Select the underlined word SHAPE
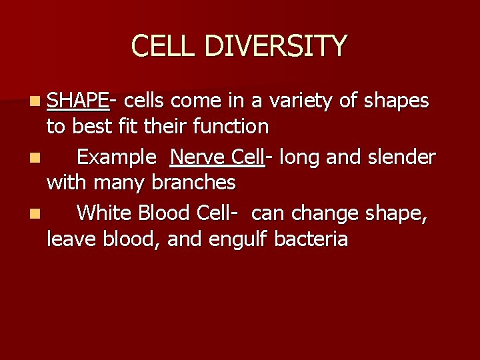[x=77, y=101]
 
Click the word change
[x=321, y=214]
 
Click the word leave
[x=70, y=239]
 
